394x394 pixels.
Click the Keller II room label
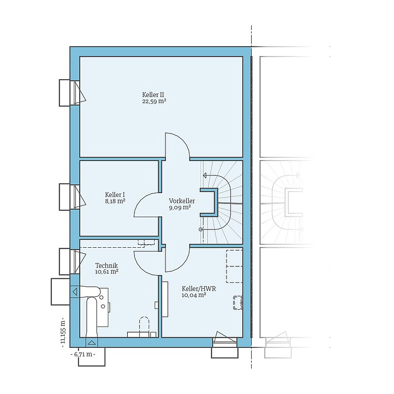(x=153, y=95)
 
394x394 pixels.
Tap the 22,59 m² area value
(x=154, y=101)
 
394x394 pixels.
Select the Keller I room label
(x=115, y=195)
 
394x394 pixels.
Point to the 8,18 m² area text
(x=115, y=201)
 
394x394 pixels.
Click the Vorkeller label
(x=182, y=201)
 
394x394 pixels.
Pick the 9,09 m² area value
(x=180, y=207)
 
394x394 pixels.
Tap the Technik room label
(x=106, y=265)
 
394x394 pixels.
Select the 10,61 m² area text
(x=107, y=272)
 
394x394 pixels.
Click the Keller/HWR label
(x=199, y=289)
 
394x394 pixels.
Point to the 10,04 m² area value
(x=194, y=295)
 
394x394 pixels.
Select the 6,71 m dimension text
(x=83, y=355)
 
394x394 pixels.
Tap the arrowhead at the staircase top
(x=205, y=175)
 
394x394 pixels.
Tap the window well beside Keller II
(x=65, y=93)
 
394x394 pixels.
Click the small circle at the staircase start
(x=200, y=230)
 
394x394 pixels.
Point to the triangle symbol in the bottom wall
(x=92, y=342)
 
